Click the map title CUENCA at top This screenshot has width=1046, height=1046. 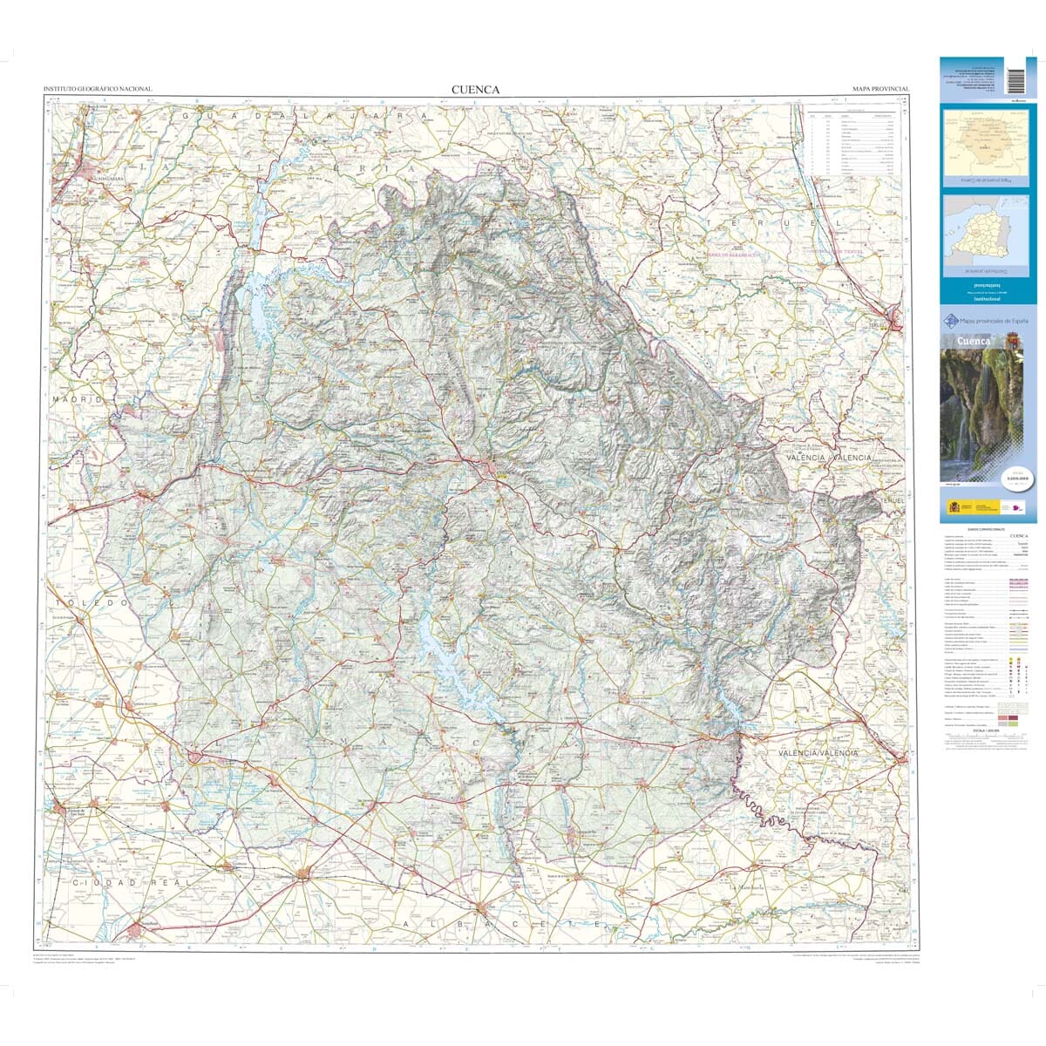pyautogui.click(x=475, y=89)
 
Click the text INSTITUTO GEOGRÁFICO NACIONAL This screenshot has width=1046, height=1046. pyautogui.click(x=98, y=90)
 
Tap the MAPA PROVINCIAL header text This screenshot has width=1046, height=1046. pyautogui.click(x=880, y=90)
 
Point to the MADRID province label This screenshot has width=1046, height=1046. pyautogui.click(x=78, y=398)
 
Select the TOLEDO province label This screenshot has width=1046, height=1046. pyautogui.click(x=92, y=602)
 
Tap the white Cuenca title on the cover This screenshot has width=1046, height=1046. pyautogui.click(x=974, y=341)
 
